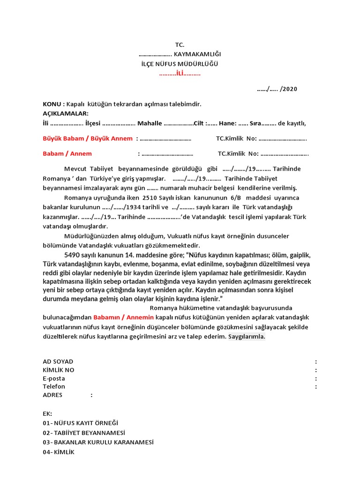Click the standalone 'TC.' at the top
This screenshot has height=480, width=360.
pyautogui.click(x=180, y=45)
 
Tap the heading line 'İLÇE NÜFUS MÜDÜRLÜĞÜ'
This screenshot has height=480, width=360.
pyautogui.click(x=180, y=64)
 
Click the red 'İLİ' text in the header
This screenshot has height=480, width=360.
pyautogui.click(x=180, y=74)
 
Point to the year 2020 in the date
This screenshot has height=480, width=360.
pyautogui.click(x=290, y=89)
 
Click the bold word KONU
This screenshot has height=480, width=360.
pyautogui.click(x=52, y=104)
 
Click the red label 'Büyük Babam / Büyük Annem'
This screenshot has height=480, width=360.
pyautogui.click(x=88, y=139)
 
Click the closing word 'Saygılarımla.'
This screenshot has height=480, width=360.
pyautogui.click(x=247, y=337)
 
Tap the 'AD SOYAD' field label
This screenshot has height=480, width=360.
pyautogui.click(x=58, y=361)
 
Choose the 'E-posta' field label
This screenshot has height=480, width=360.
pyautogui.click(x=54, y=378)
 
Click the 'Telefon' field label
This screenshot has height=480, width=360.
pyautogui.click(x=54, y=387)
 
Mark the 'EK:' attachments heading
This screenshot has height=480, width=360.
pyautogui.click(x=47, y=413)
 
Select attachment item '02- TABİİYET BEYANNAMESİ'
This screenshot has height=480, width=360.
pyautogui.click(x=84, y=433)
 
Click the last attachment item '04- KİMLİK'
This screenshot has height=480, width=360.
pyautogui.click(x=59, y=452)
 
